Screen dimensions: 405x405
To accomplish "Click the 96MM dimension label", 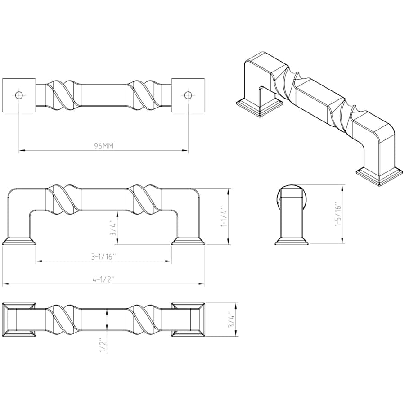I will (x=103, y=146).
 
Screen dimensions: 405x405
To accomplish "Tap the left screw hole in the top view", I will (x=19, y=95).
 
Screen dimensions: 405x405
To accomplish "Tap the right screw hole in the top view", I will (x=188, y=95).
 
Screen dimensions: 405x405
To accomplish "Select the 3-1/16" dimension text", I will (x=103, y=256).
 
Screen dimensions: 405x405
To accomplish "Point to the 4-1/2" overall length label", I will (x=104, y=279).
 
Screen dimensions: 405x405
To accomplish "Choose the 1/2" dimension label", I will (x=103, y=346).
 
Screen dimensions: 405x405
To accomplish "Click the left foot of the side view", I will (x=19, y=241).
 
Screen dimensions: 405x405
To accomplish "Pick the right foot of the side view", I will (x=188, y=241).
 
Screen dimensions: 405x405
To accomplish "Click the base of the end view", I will (x=292, y=241).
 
